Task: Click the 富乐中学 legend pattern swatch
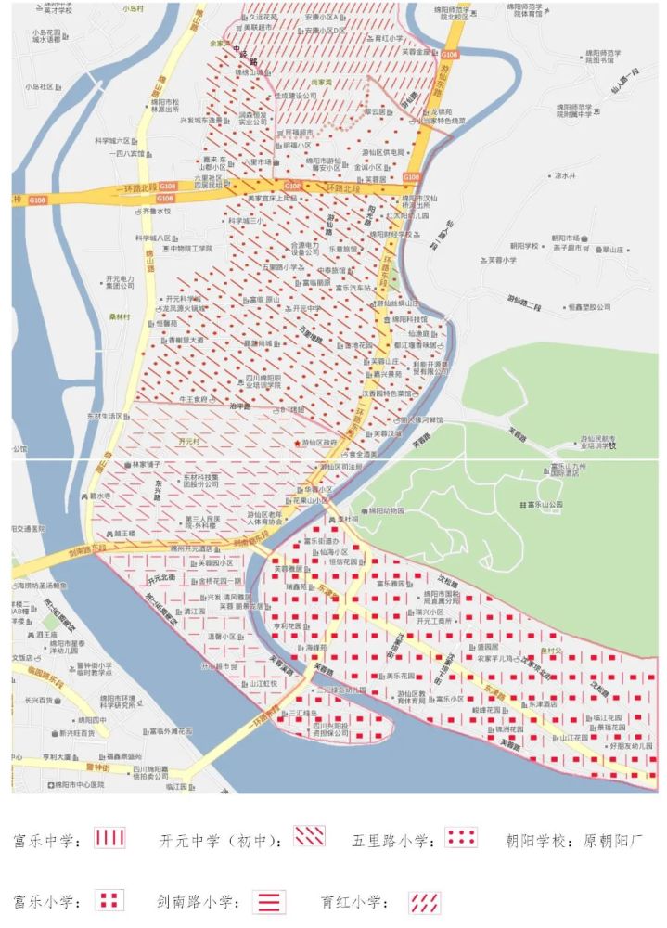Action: (x=109, y=839)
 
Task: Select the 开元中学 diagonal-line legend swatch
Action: (x=309, y=837)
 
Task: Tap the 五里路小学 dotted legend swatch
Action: (x=461, y=838)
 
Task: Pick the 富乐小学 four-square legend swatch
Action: (x=111, y=900)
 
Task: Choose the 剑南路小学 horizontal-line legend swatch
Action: (x=269, y=901)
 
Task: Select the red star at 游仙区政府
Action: (x=297, y=444)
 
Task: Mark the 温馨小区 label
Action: (x=222, y=637)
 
